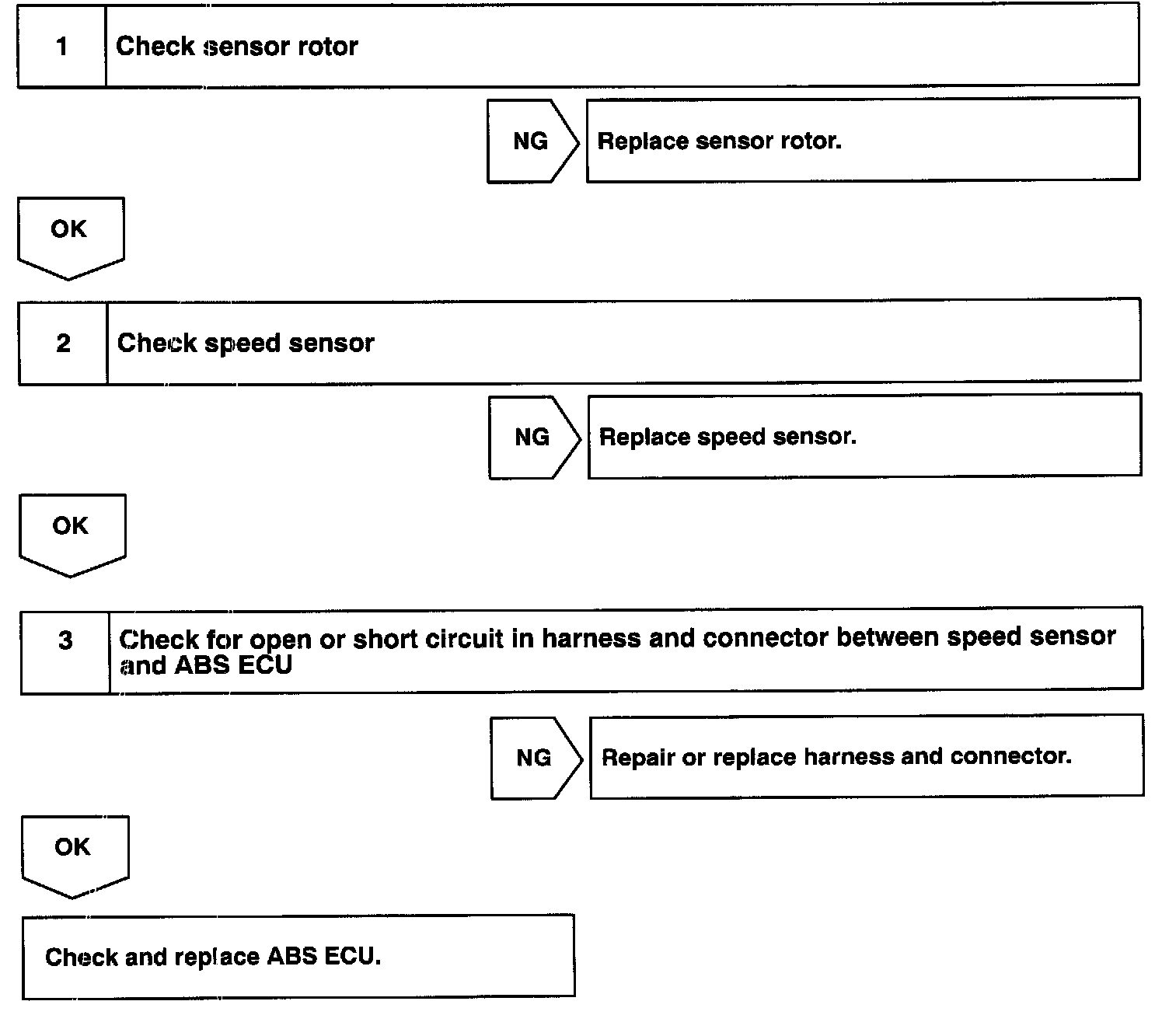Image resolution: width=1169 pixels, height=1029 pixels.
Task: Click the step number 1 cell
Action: tap(61, 47)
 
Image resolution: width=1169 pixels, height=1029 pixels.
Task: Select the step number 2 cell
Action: tap(63, 344)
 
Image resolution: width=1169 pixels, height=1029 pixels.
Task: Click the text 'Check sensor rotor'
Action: tap(237, 47)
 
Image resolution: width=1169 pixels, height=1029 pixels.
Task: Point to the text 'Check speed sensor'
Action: tap(246, 344)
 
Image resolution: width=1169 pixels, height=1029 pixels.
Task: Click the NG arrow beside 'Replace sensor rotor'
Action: tap(532, 141)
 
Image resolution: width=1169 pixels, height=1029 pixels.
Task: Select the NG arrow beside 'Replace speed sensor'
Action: tap(533, 438)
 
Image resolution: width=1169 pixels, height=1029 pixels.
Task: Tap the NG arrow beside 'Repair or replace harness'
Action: tap(535, 758)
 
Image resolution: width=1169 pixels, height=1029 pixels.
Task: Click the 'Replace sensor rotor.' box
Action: tap(863, 141)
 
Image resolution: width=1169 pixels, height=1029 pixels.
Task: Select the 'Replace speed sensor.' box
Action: tap(864, 436)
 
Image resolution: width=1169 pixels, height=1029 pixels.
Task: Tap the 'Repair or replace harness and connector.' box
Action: tap(866, 756)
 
